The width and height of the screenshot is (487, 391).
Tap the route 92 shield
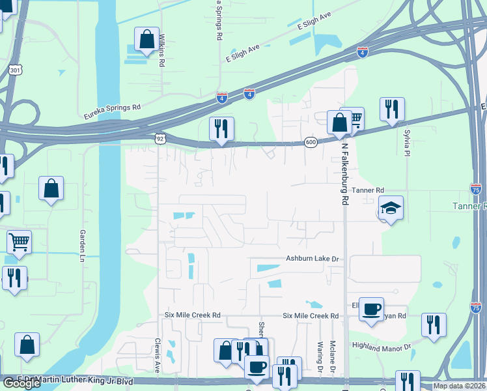[x=160, y=138]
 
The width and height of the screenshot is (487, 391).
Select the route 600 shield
[x=311, y=142]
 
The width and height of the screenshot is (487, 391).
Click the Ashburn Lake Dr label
[x=313, y=259]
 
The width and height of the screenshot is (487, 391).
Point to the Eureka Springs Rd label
[x=112, y=112]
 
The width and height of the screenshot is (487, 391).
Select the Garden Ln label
[x=83, y=242]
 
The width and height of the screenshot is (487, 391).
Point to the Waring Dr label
[x=320, y=356]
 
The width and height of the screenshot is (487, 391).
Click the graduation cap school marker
[x=390, y=208]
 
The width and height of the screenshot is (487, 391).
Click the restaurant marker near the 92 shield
[x=221, y=128]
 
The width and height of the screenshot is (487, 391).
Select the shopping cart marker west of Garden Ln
[x=19, y=242]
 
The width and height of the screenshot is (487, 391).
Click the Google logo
[x=21, y=383]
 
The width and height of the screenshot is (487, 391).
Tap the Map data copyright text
[x=459, y=386]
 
